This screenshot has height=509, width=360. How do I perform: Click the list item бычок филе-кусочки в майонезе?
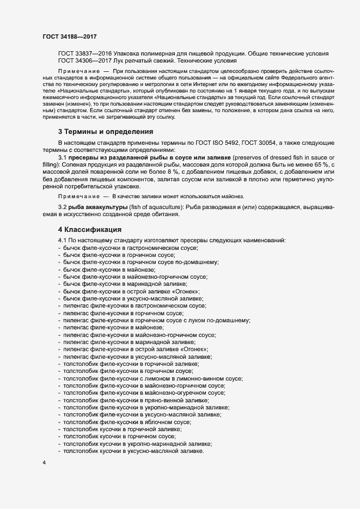[109, 269]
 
